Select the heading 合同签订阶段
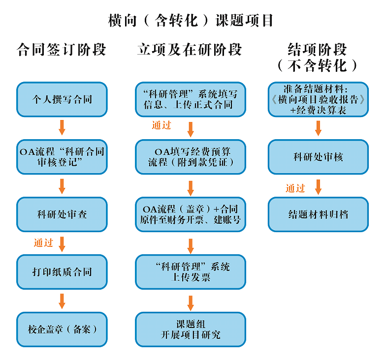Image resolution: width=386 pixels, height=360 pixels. point(61,50)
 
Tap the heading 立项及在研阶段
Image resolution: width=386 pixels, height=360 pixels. point(190,50)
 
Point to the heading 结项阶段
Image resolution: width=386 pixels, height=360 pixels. point(318,50)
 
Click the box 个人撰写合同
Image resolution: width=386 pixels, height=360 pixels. point(62,99)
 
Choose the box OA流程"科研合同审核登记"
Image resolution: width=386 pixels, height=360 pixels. point(62,157)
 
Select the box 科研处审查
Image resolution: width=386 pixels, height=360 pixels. point(62,214)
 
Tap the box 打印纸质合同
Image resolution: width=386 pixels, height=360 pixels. point(62,272)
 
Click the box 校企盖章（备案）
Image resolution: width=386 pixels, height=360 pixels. point(62,329)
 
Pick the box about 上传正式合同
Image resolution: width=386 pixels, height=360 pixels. point(191,99)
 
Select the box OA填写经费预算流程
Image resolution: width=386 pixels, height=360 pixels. point(191,157)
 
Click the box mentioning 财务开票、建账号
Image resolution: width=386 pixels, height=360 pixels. point(191,214)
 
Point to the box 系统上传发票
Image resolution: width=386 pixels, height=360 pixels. point(191,272)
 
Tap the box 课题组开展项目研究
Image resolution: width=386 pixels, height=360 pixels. point(191,329)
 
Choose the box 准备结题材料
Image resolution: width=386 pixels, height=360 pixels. point(318,99)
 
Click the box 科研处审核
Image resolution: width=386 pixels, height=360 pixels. point(318,157)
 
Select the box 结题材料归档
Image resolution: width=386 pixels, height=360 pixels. point(318,214)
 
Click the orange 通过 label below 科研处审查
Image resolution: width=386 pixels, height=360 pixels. point(43,243)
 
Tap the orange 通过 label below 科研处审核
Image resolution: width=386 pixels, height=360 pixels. point(295,188)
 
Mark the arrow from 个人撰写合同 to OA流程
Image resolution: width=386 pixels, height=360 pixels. point(62,127)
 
